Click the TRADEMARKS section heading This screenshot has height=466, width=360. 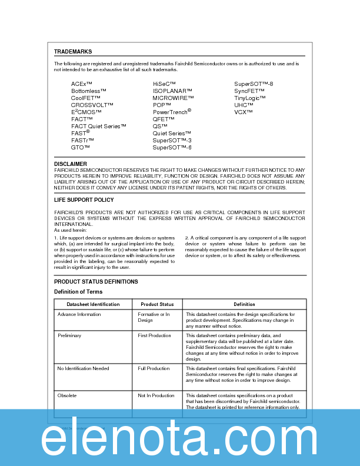click(x=73, y=52)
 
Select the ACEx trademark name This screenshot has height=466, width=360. click(x=82, y=84)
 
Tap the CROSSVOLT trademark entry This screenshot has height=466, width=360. click(x=92, y=105)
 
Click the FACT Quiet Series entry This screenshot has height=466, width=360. click(x=99, y=127)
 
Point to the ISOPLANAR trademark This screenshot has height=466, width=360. click(x=173, y=91)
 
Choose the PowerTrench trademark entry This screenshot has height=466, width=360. click(x=172, y=112)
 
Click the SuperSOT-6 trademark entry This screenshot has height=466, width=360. click(x=172, y=148)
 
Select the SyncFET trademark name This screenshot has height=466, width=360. click(x=249, y=91)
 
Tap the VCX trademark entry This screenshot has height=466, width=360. click(x=244, y=112)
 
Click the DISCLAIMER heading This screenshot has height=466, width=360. click(x=71, y=164)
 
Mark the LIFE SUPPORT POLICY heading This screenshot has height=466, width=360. click(x=84, y=200)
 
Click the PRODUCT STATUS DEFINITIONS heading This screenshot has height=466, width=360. click(x=96, y=282)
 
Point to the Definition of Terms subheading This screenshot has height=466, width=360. click(x=78, y=292)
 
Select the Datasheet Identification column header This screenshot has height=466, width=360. click(x=93, y=304)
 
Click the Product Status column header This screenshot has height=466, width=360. click(x=157, y=304)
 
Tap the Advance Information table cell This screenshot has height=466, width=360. click(x=79, y=314)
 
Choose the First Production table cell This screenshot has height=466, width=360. click(x=154, y=335)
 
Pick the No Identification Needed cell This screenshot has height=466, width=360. click(x=83, y=368)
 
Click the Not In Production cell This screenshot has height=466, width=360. click(x=156, y=395)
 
